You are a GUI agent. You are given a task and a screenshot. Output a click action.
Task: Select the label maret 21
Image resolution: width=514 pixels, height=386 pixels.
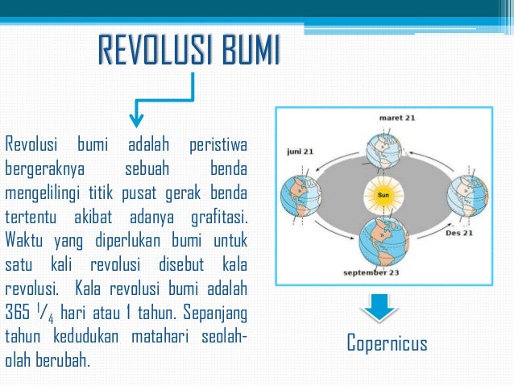click(x=397, y=118)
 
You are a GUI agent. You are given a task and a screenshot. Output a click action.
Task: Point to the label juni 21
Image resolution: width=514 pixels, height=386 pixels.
click(x=300, y=151)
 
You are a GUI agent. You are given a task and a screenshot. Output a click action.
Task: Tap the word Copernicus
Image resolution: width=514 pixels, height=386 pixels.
click(x=387, y=344)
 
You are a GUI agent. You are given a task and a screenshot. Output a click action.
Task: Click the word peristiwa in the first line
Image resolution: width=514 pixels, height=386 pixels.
click(x=218, y=146)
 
